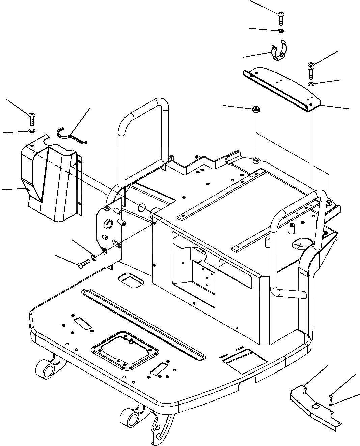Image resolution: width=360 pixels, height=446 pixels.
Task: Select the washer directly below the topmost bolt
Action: coord(281,31)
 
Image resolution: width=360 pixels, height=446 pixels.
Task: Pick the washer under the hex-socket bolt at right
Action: coord(311,84)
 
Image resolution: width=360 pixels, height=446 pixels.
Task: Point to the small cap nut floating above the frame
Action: coord(256,109)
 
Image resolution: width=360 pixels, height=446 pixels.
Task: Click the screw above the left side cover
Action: coord(31,118)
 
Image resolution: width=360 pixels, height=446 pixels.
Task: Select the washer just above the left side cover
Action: coord(31,130)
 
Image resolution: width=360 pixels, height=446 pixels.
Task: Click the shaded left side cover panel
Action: coord(51,182)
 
